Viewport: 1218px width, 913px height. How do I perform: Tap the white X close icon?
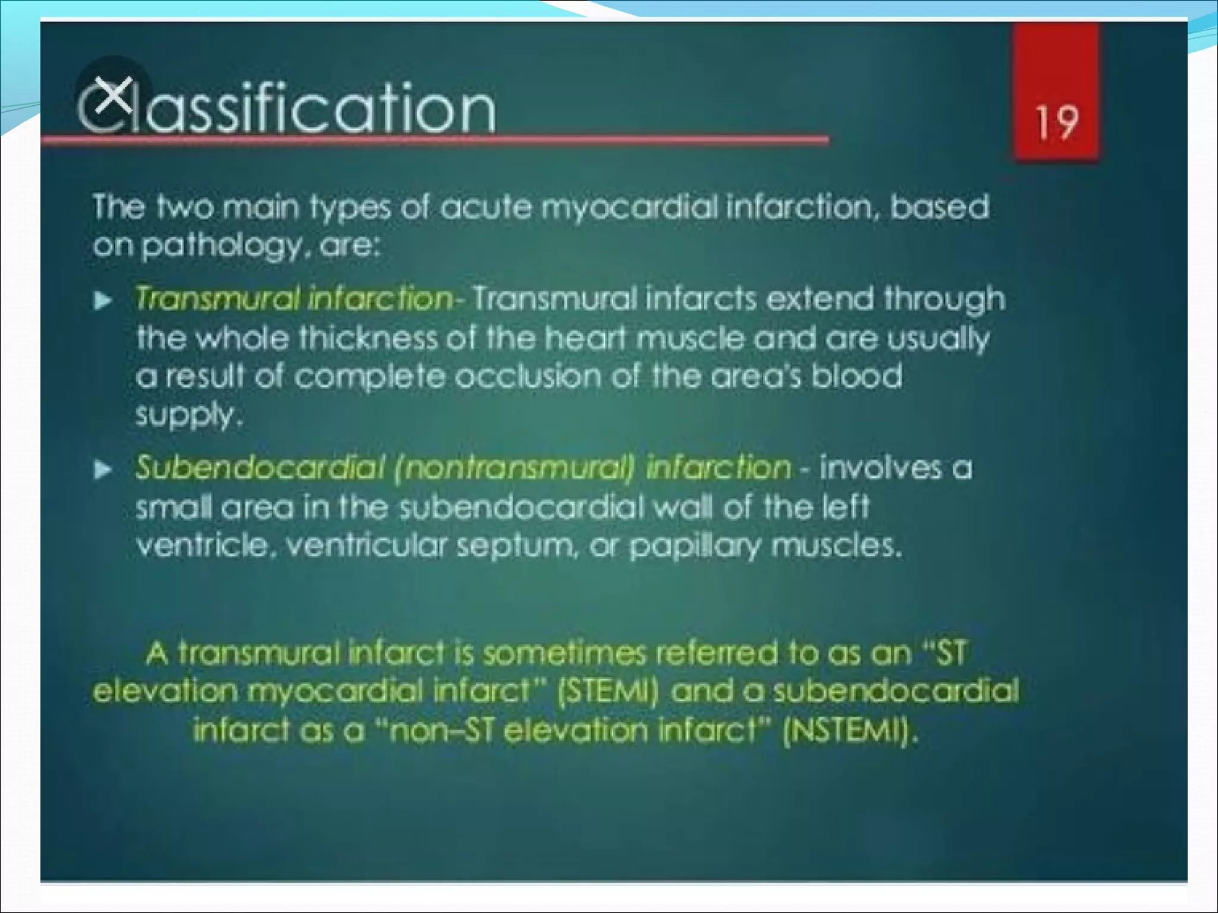click(114, 95)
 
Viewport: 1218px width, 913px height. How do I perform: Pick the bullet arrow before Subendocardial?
click(103, 471)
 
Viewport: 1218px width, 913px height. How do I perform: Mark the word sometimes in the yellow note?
click(563, 653)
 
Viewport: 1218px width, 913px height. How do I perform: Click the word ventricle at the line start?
click(203, 546)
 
